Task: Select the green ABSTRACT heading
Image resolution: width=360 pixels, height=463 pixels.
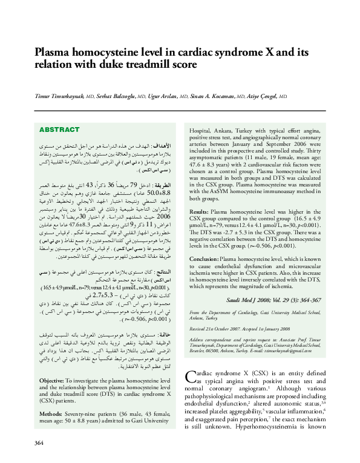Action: click(x=59, y=130)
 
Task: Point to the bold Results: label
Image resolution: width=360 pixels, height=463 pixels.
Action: click(x=200, y=212)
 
